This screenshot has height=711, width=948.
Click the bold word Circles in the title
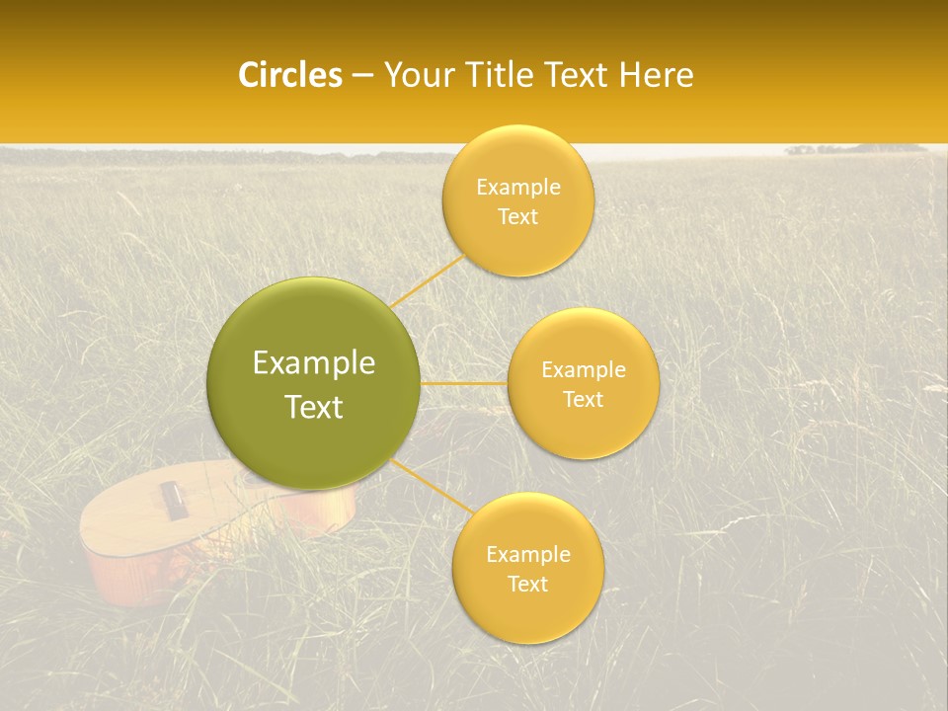click(289, 75)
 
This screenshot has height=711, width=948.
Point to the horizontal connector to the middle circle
click(464, 383)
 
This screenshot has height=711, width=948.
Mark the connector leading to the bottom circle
click(432, 486)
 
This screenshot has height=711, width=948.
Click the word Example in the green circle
click(314, 363)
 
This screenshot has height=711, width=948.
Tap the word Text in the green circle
click(314, 407)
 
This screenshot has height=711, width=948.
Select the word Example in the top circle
click(517, 188)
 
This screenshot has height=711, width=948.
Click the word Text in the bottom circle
click(527, 584)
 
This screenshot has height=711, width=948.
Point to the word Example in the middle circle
click(584, 370)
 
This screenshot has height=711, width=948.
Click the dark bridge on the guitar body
click(174, 500)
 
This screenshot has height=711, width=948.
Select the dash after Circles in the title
click(362, 76)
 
